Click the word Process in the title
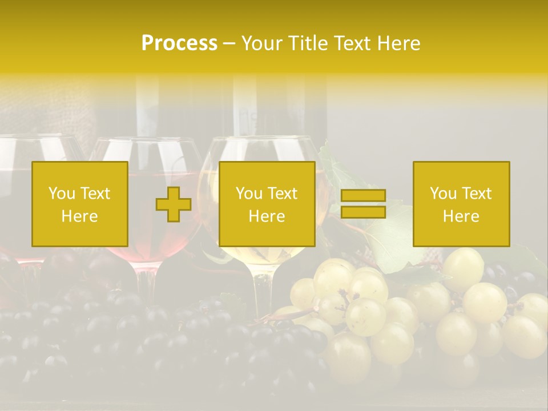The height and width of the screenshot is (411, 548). (x=179, y=43)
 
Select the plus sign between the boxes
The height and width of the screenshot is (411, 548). (x=174, y=204)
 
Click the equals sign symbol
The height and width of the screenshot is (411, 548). (x=363, y=204)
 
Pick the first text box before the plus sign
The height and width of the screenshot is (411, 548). (x=80, y=204)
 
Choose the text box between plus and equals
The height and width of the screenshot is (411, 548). (x=267, y=204)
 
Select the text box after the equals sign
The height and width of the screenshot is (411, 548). (x=461, y=204)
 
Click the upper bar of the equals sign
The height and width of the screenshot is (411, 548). (x=363, y=196)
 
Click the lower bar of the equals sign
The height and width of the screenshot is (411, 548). (x=363, y=212)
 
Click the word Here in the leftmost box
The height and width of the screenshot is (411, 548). (x=80, y=216)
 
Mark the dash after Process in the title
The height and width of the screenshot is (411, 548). (x=229, y=43)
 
